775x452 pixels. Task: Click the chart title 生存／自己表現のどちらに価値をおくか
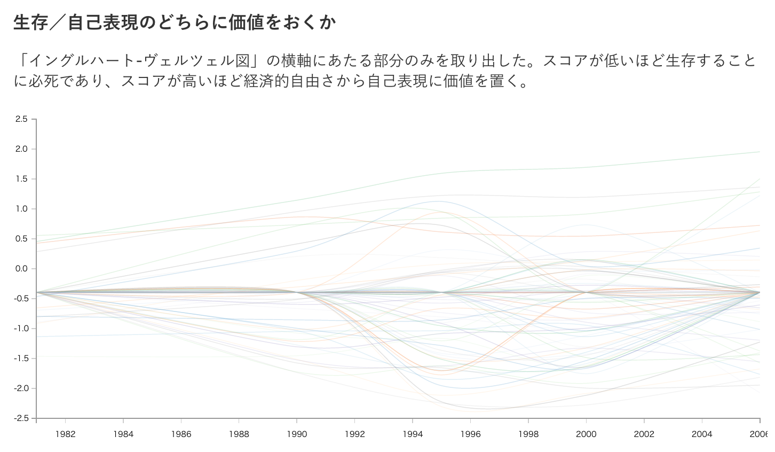pos(175,22)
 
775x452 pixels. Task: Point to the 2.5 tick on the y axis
pos(21,119)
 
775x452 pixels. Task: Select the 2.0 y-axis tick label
pos(21,149)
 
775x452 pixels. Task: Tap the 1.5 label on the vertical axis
pos(21,179)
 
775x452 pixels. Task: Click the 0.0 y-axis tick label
pos(21,269)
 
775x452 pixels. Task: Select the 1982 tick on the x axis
pos(65,434)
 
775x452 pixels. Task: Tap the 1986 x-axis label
pos(181,434)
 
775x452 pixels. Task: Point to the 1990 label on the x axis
pos(297,434)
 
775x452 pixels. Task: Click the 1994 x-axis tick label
pos(413,434)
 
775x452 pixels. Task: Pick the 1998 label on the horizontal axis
pos(528,434)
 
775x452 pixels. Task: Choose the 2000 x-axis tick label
pos(586,434)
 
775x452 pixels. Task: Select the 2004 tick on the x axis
pos(702,434)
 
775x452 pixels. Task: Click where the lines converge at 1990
pos(297,292)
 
